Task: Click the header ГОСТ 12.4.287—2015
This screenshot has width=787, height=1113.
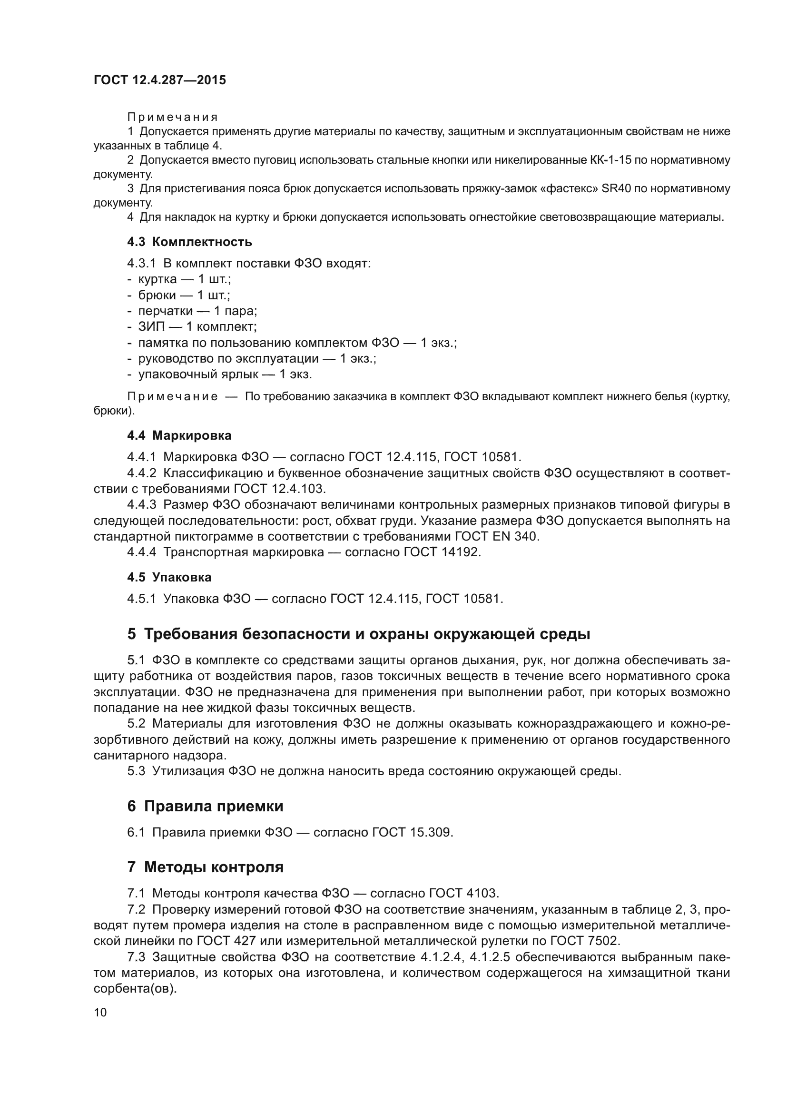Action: pyautogui.click(x=159, y=80)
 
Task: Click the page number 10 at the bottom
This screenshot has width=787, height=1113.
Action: pyautogui.click(x=100, y=1012)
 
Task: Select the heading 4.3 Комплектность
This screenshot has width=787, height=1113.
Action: pyautogui.click(x=189, y=242)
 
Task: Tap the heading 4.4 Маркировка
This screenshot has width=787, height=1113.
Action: pyautogui.click(x=179, y=435)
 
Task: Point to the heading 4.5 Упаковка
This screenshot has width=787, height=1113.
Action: pyautogui.click(x=169, y=577)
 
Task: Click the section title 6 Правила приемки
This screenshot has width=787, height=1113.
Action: pyautogui.click(x=205, y=806)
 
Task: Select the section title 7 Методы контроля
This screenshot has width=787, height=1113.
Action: pyautogui.click(x=205, y=867)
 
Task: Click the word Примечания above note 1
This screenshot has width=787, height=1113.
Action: pyautogui.click(x=173, y=118)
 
